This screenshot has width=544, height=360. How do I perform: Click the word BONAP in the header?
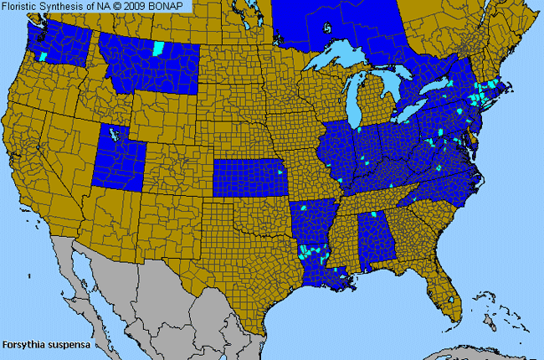coord(171,7)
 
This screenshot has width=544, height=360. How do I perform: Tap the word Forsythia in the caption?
coord(23,344)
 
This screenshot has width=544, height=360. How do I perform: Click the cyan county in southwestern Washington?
coord(42,55)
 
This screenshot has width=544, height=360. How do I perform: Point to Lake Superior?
coord(339,59)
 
